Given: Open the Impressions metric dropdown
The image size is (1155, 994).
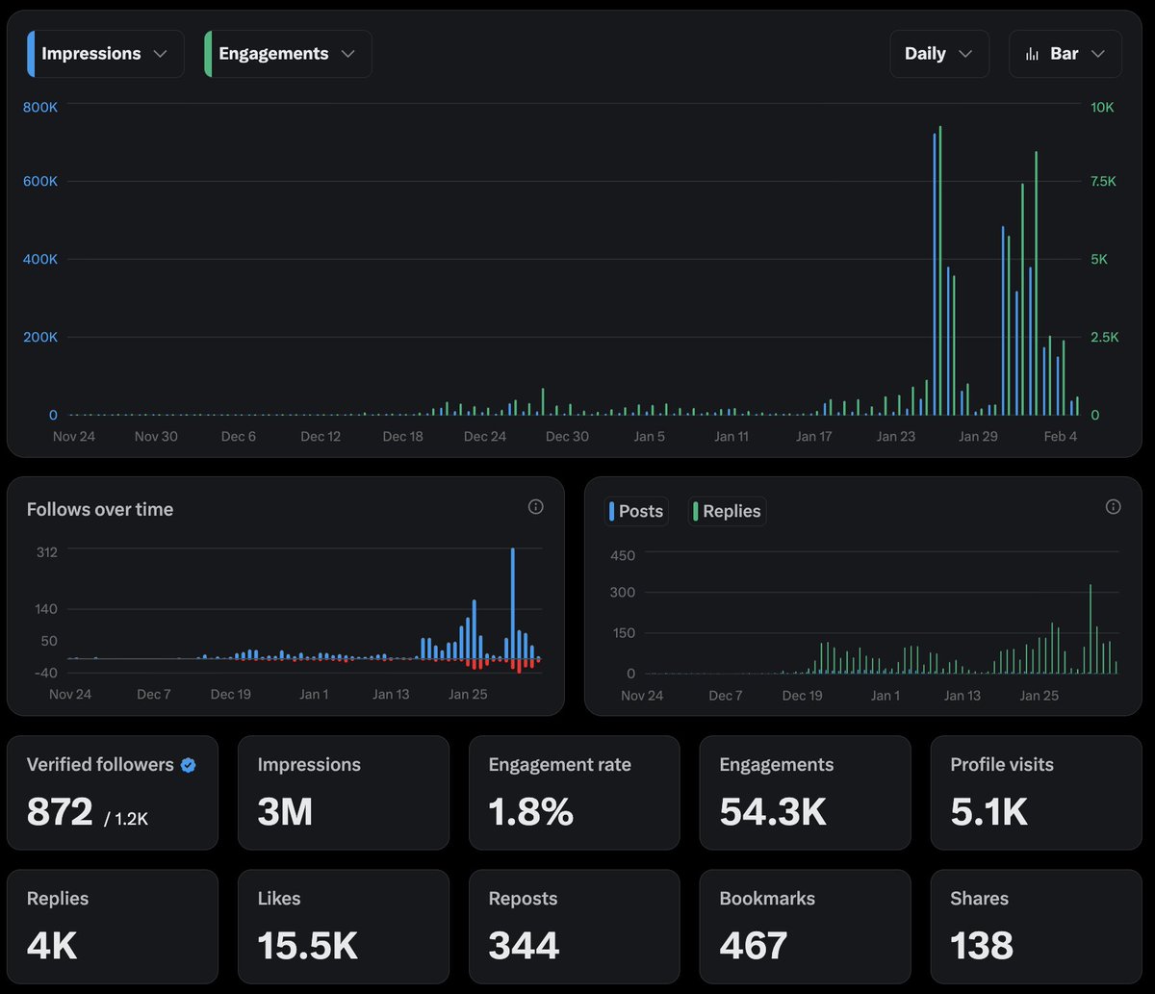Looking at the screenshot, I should [x=106, y=54].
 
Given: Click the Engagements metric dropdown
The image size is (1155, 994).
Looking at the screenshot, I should [x=288, y=54].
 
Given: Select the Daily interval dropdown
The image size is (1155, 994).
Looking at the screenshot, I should [x=938, y=54].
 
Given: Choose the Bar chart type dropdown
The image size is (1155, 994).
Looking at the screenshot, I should [x=1065, y=54].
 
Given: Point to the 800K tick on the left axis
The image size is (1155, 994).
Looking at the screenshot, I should [x=40, y=107].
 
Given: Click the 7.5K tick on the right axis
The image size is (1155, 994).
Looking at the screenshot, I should [x=1102, y=181].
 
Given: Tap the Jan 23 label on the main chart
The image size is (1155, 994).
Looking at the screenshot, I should [x=895, y=436].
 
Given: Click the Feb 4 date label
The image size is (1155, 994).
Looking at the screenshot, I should [x=1061, y=436].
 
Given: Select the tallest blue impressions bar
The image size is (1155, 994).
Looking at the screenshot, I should [x=934, y=274].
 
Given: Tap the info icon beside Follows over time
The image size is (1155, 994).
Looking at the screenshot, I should [x=536, y=507].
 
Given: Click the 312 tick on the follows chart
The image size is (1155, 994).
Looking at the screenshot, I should [x=47, y=551].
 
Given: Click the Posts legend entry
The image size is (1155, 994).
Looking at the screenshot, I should [x=636, y=511].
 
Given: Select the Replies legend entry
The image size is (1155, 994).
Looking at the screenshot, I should [x=728, y=511].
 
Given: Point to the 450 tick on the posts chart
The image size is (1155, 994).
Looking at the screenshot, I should [x=623, y=555].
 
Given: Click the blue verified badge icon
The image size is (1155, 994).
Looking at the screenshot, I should [x=189, y=765].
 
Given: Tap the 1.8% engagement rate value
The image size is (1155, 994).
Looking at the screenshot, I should [x=530, y=812].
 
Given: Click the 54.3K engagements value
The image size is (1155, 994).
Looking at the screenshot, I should [x=773, y=812].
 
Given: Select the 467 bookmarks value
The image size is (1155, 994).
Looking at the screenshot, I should [x=753, y=945].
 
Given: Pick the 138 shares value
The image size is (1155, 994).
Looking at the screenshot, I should [x=982, y=945].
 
